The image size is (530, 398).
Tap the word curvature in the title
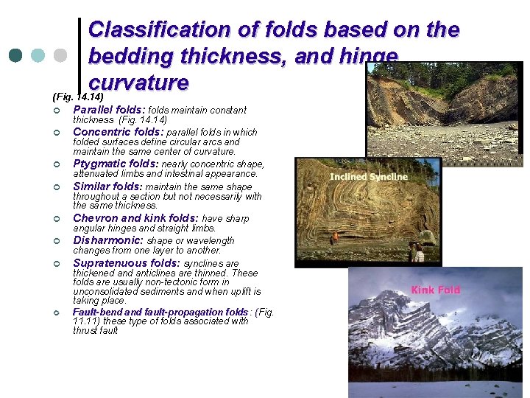[x=138, y=81]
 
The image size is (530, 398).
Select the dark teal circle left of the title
[x=15, y=56]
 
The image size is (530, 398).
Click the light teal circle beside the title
[x=38, y=56]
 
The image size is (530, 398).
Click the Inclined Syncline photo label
[x=368, y=177]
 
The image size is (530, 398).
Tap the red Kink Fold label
[x=435, y=290]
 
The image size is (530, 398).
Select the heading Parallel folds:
[x=114, y=110]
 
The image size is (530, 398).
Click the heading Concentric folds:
[x=123, y=133]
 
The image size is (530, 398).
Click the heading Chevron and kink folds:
[x=135, y=218]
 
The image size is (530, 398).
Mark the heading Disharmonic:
[x=108, y=240]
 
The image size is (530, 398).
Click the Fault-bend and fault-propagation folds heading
[x=160, y=312]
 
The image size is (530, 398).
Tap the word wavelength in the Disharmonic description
[x=206, y=241]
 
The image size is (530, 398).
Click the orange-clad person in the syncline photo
[x=336, y=238]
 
